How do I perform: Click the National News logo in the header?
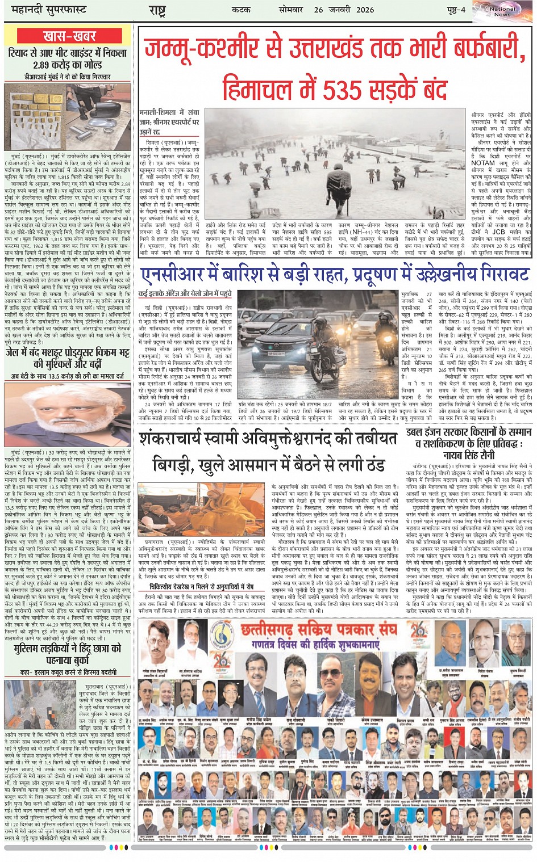[502, 11]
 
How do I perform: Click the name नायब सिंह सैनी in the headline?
[469, 455]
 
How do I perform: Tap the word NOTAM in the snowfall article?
[484, 163]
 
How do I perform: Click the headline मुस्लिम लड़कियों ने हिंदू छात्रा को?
[69, 648]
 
